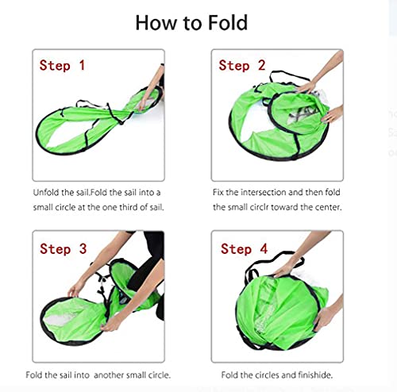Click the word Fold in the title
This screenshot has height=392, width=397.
coord(228,23)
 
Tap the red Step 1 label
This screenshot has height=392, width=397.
coord(62,65)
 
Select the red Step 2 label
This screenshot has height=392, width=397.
coord(242,65)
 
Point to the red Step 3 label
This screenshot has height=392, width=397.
coord(64,248)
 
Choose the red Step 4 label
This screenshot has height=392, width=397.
coord(244,248)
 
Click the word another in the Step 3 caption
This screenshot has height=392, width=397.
coord(109,375)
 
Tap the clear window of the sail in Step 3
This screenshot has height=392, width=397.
coord(60,317)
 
